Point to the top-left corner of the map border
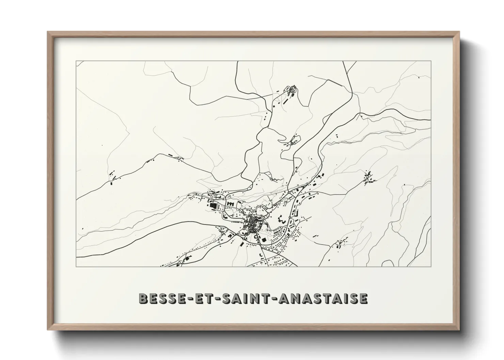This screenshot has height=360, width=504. pos(76,61)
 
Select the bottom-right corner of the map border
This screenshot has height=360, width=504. pos(431,266)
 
